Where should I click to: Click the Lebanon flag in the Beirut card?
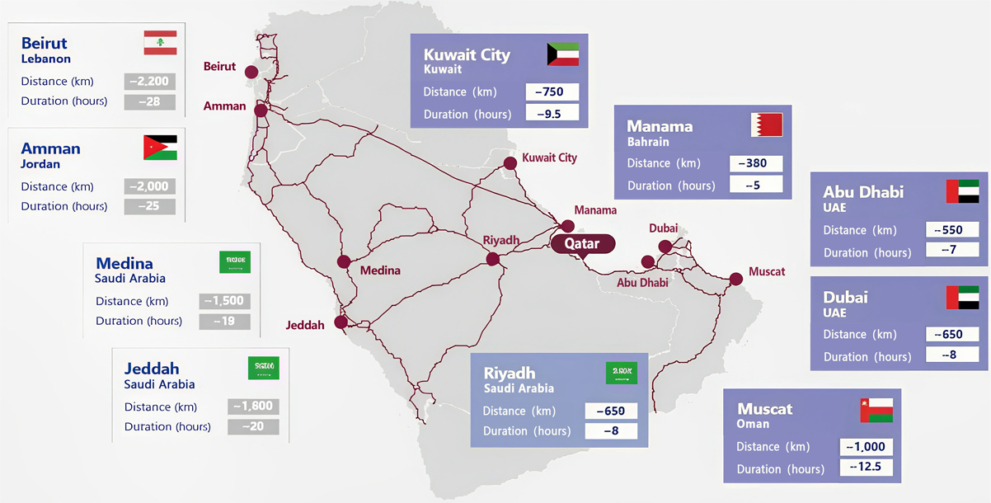(x=160, y=43)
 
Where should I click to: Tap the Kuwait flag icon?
(x=563, y=54)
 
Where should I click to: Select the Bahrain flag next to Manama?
(x=766, y=125)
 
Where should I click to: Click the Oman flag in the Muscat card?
(x=876, y=410)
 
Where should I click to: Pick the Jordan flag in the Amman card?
(x=160, y=148)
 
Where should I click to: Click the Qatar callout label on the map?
(x=581, y=244)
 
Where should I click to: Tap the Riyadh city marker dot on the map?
(x=493, y=259)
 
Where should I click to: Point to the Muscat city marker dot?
(x=736, y=280)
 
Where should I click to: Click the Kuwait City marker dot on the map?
(x=510, y=164)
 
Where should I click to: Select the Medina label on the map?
(x=380, y=270)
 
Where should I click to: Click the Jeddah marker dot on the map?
(x=341, y=322)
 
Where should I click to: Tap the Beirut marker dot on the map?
(x=251, y=72)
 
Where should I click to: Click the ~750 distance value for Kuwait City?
(x=552, y=92)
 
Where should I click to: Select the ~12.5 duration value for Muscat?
(x=866, y=468)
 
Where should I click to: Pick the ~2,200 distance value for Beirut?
(x=149, y=82)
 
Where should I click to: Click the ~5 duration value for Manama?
(x=755, y=186)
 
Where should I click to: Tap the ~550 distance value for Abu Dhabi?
(x=952, y=230)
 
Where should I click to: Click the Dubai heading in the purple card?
(x=845, y=297)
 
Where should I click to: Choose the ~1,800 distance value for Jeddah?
(x=252, y=407)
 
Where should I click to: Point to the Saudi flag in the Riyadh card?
(x=622, y=373)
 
